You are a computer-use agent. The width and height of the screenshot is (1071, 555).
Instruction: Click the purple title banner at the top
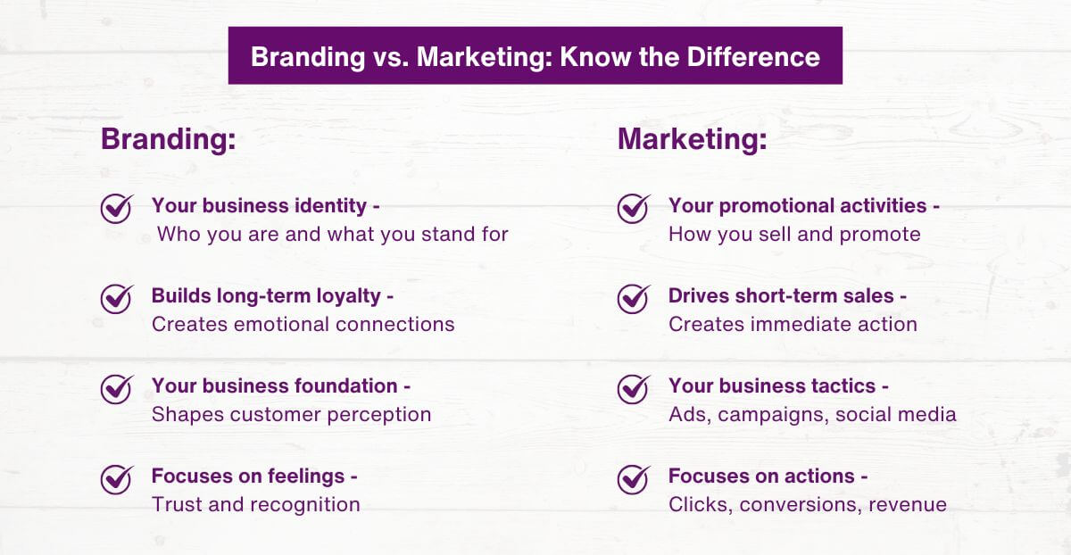535,55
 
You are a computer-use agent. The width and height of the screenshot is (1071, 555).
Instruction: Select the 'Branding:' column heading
168,140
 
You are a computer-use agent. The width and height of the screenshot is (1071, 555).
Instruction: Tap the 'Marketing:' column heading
692,140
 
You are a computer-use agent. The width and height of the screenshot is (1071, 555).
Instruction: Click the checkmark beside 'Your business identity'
116,209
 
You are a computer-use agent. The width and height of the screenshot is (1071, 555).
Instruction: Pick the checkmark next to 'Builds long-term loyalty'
116,298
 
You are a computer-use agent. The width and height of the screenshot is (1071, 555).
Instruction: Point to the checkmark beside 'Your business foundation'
116,389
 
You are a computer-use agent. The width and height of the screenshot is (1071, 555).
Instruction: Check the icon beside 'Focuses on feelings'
116,479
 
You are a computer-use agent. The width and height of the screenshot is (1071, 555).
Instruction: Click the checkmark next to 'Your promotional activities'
633,209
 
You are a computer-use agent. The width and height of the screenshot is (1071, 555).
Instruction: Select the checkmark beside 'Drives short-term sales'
633,298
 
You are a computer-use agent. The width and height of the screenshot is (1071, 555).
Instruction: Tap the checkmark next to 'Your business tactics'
633,389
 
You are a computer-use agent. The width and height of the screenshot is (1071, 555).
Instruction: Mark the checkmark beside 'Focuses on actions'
633,479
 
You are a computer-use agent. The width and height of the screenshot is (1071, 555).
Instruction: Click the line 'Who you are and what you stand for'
333,235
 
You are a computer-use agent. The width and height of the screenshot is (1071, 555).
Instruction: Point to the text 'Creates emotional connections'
303,324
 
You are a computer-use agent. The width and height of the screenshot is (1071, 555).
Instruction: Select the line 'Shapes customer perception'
291,415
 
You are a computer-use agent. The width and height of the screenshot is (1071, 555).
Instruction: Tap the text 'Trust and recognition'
255,505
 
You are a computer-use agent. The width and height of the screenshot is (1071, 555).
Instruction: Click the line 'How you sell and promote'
793,235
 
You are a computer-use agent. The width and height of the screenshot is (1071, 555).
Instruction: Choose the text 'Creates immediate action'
793,324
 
